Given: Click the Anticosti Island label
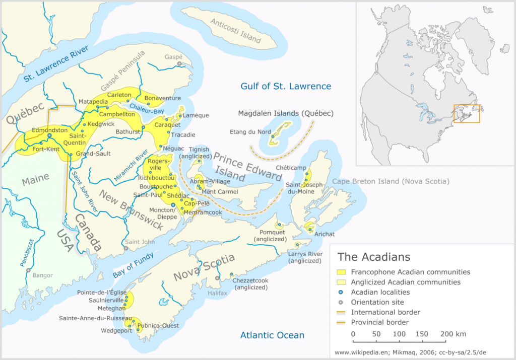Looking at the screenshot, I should tap(236, 31).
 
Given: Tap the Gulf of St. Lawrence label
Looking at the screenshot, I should tap(286, 86).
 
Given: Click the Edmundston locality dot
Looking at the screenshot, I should tap(49, 135).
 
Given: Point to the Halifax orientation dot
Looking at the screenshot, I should tap(217, 278).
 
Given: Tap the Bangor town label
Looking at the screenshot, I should tap(42, 275).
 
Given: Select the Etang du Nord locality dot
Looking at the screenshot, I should tap(273, 136).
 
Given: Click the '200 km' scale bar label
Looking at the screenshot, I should tap(454, 334).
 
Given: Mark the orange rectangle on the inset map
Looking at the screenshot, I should tap(467, 114).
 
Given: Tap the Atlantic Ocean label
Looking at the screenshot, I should tap(272, 335).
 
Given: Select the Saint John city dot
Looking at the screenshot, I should tap(126, 248).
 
